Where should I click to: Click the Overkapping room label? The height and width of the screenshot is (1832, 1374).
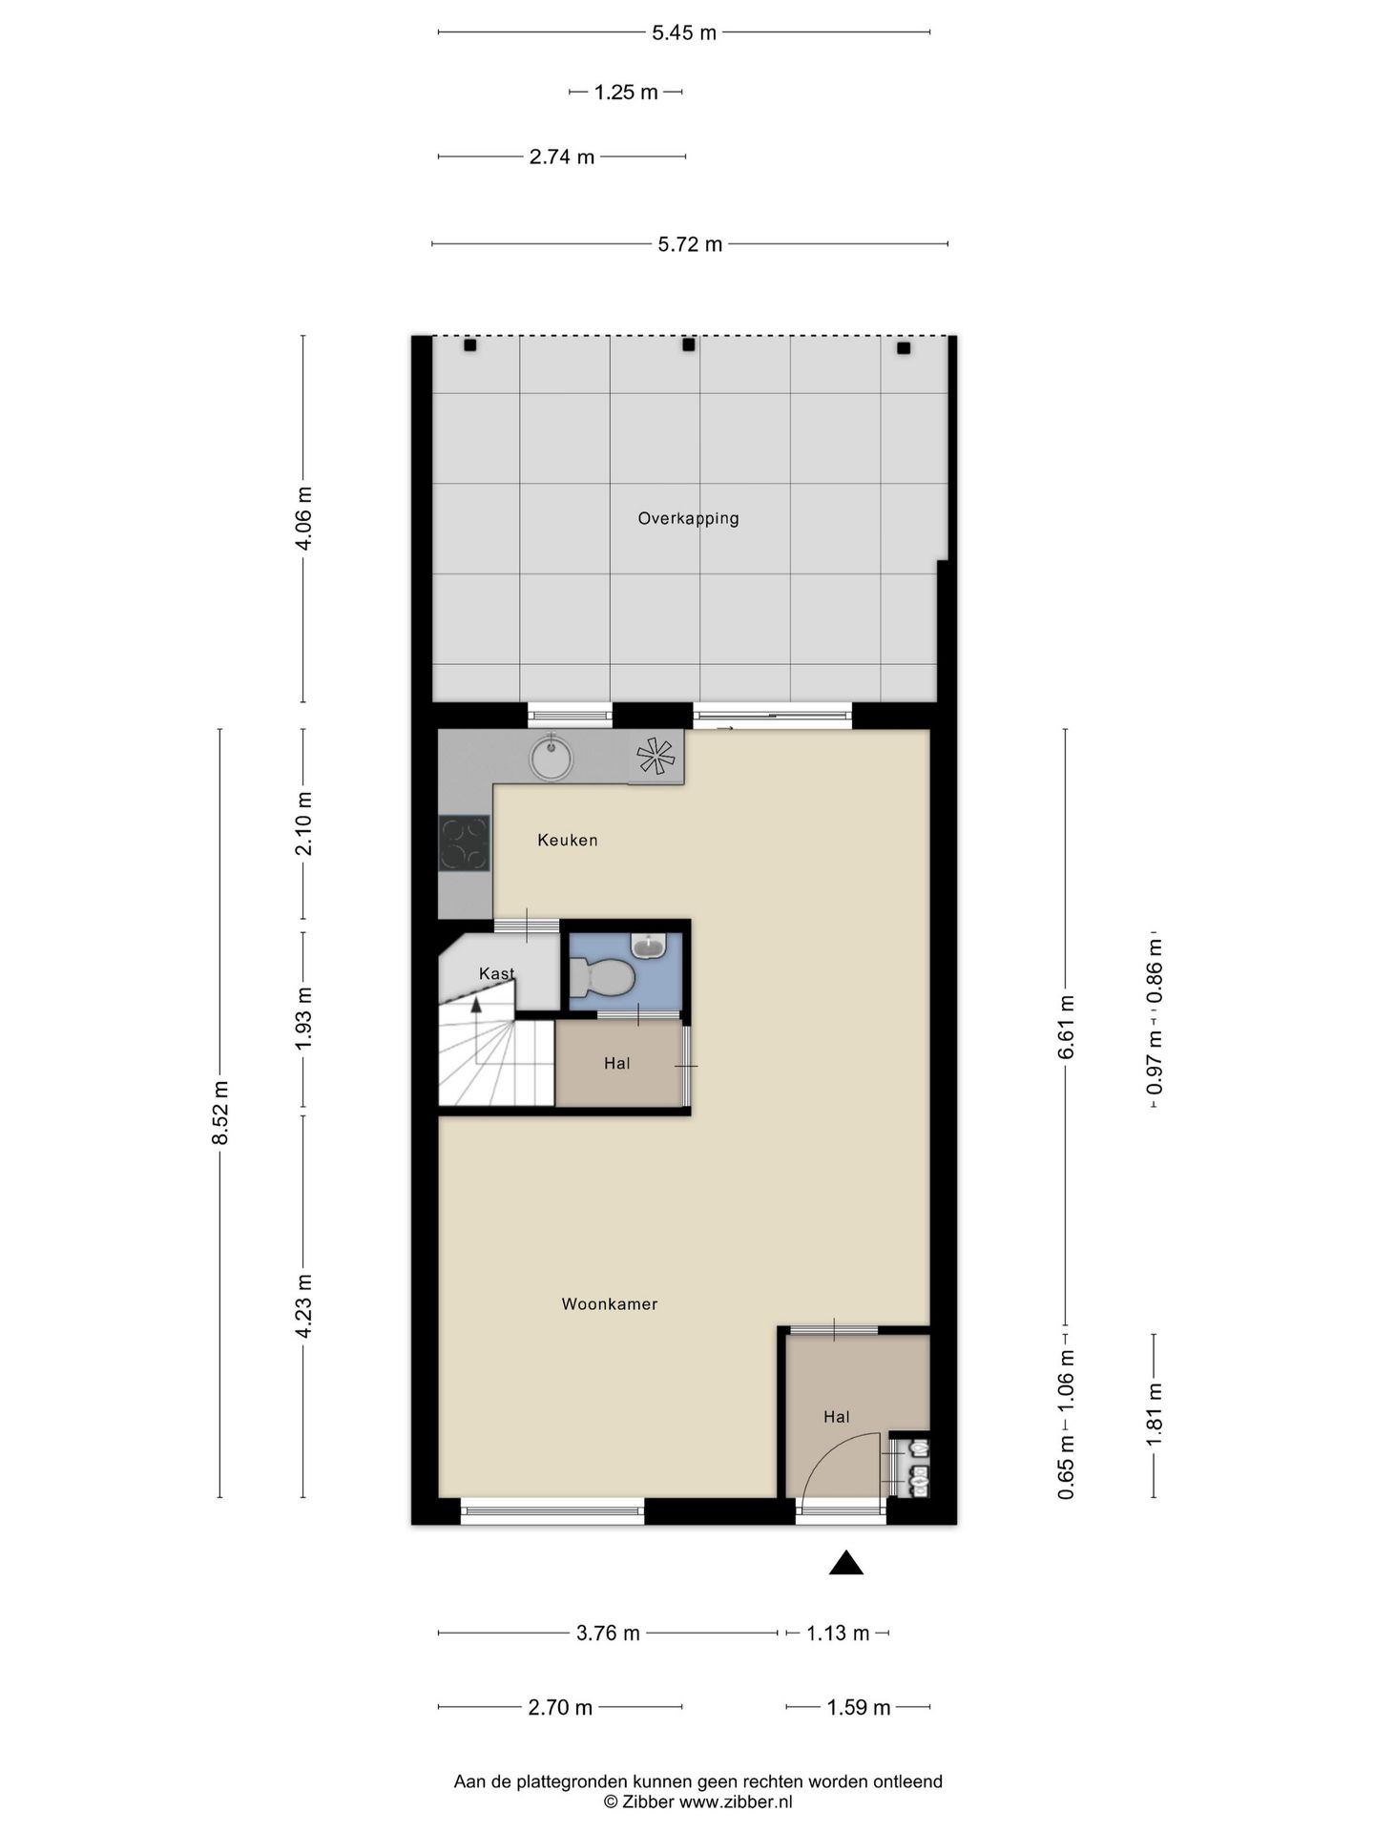[x=688, y=519]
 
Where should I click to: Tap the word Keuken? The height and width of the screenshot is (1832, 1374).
[x=568, y=840]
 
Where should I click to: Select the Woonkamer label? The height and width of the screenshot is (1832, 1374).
[x=610, y=1303]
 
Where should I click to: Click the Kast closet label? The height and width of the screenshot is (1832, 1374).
[x=496, y=973]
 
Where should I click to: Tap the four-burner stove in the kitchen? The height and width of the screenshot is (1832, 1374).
[x=465, y=843]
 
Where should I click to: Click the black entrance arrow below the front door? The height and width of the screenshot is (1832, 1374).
[x=845, y=1563]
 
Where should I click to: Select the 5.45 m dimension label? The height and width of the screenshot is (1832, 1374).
[x=684, y=32]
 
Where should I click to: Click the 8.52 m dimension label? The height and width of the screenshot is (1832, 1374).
[x=220, y=1114]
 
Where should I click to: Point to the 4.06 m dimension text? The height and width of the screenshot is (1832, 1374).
[x=303, y=518]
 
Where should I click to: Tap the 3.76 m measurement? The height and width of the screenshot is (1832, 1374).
[x=608, y=1633]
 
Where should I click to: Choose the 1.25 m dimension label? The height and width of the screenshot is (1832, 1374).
[x=626, y=93]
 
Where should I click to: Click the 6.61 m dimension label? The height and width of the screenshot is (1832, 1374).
[x=1066, y=1027]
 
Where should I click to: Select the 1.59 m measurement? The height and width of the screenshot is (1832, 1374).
[x=859, y=1707]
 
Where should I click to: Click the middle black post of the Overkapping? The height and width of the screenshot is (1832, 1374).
[x=688, y=345]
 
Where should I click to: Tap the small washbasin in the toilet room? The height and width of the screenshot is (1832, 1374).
[x=649, y=945]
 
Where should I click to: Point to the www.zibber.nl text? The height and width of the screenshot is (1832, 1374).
[x=735, y=1802]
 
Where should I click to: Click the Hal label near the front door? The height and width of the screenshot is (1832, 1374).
[x=837, y=1417]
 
